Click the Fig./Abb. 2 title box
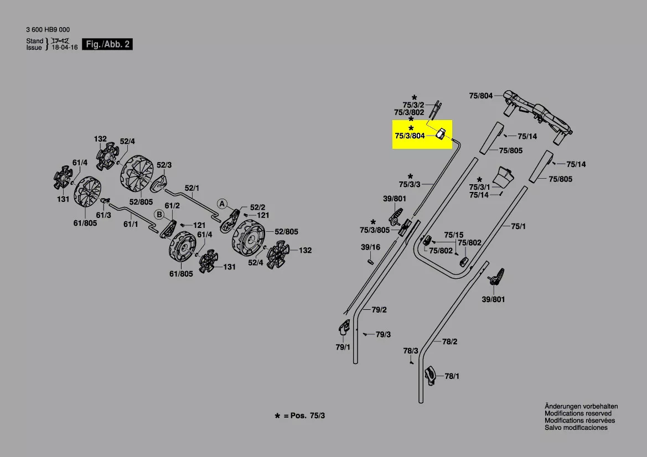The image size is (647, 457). (x=107, y=44)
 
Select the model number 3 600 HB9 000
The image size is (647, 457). (x=48, y=30)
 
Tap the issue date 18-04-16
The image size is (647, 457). (x=64, y=48)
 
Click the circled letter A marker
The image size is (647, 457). (x=222, y=204)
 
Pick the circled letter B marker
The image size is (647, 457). (x=159, y=214)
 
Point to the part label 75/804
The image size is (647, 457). (x=480, y=96)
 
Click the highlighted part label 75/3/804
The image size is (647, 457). (x=410, y=136)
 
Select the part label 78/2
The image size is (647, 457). (x=450, y=342)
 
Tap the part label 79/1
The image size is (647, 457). (x=343, y=347)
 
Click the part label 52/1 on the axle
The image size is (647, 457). (x=192, y=188)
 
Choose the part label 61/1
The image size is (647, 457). (x=131, y=224)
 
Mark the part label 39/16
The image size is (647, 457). (x=370, y=247)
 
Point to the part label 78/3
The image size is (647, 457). (x=410, y=351)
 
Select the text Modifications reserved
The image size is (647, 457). (x=578, y=413)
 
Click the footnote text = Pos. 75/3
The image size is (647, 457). (x=304, y=416)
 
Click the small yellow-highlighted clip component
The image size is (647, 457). (x=442, y=134)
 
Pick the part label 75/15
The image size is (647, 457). (x=453, y=235)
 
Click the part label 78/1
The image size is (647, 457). (x=452, y=376)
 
